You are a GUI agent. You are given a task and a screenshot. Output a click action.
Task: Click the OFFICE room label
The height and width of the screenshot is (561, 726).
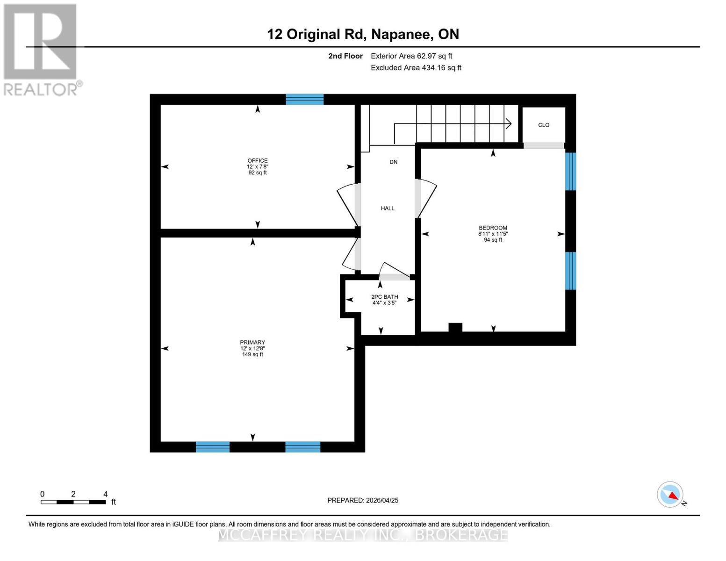(x=258, y=161)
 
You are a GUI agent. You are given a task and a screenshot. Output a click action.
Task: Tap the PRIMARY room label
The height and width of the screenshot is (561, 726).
(x=252, y=343)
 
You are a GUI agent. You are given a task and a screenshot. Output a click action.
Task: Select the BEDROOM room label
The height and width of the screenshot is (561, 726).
(x=493, y=228)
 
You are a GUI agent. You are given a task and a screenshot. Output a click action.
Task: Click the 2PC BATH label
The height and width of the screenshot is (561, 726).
(x=384, y=297)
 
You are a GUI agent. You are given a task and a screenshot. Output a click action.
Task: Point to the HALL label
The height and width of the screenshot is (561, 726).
(x=388, y=209)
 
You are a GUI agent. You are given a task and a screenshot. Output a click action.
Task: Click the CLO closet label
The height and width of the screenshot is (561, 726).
(x=544, y=125)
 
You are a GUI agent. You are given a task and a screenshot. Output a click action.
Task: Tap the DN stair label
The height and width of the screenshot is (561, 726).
(x=394, y=162)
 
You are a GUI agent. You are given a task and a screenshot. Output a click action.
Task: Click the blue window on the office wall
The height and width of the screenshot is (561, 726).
(x=305, y=99)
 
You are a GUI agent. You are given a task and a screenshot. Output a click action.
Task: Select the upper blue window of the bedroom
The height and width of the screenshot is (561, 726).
(x=570, y=172)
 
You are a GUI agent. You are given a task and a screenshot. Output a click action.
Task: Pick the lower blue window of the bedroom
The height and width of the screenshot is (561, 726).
(x=570, y=271)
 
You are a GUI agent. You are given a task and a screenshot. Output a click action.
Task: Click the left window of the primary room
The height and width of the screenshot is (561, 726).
(x=213, y=447)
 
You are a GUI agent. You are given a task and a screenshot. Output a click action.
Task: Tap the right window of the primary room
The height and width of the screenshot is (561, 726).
(x=303, y=447)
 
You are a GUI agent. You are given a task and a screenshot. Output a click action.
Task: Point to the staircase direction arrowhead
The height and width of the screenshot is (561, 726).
(x=509, y=124)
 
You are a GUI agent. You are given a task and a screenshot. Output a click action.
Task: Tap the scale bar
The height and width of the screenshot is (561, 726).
(x=73, y=502)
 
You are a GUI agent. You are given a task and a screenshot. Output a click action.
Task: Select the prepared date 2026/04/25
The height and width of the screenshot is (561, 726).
(x=363, y=500)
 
